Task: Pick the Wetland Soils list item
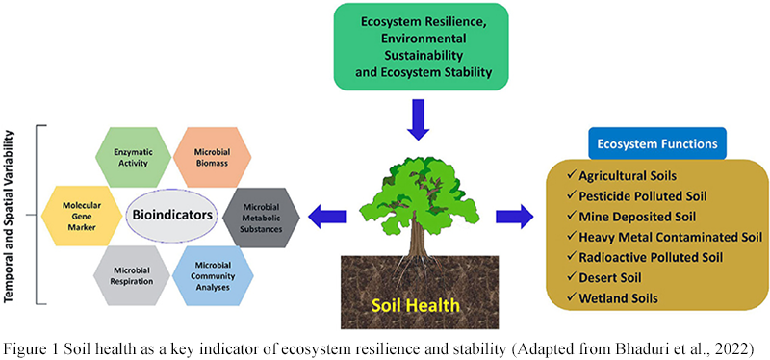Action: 621,298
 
